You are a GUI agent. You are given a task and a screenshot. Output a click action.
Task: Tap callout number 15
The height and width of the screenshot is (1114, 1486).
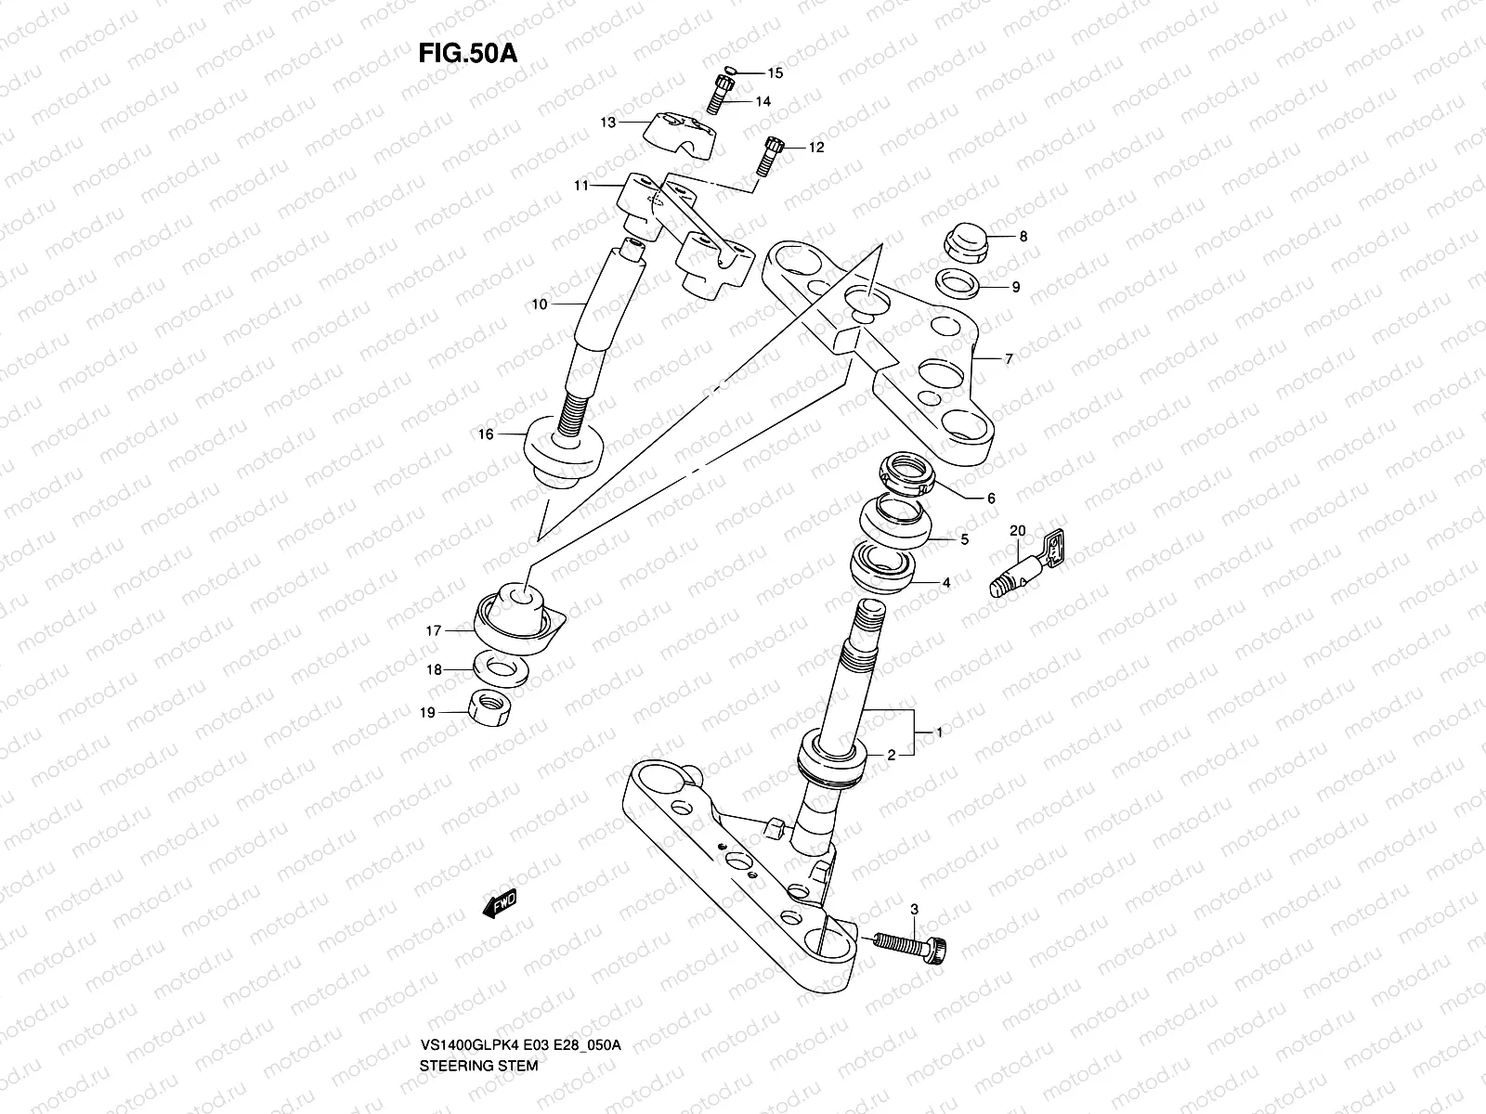(775, 72)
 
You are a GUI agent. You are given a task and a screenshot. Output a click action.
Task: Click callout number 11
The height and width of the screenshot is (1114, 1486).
(581, 186)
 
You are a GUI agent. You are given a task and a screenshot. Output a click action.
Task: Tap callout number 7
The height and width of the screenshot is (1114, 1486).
(1010, 357)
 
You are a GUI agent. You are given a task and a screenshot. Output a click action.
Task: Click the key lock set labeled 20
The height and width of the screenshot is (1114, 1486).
(1026, 565)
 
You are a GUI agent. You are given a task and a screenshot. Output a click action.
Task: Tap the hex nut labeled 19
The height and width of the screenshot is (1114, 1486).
(484, 710)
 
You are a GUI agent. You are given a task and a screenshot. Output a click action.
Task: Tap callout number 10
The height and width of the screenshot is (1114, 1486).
(540, 304)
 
